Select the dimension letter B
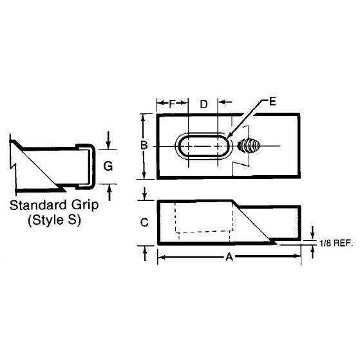pos(144,146)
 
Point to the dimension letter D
pos(204,104)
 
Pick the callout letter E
pos(273,102)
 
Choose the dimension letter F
pos(171,104)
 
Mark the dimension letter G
pos(109,166)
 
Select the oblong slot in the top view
pos(202,146)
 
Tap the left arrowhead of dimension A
pos(160,256)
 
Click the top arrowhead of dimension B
pos(144,117)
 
